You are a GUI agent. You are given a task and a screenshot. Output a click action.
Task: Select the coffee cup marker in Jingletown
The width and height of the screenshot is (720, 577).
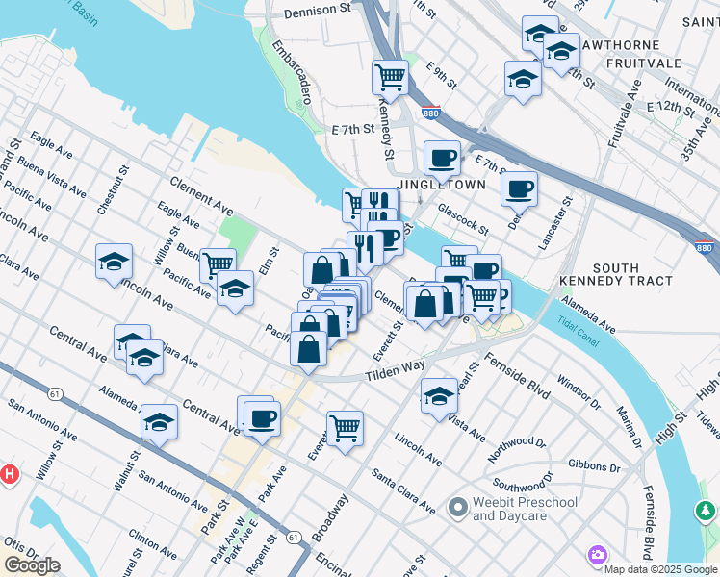point(442,157)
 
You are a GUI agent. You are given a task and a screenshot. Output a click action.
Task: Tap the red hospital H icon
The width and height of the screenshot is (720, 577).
point(10,474)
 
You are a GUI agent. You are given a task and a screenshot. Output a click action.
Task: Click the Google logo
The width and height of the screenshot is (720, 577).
point(32,565)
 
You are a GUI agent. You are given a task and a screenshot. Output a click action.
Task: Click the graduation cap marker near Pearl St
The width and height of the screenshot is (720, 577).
point(438,394)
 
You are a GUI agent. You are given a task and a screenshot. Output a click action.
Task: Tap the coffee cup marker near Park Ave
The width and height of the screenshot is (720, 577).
point(261,417)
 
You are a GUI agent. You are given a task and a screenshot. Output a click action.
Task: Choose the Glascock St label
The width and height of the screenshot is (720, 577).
point(463,217)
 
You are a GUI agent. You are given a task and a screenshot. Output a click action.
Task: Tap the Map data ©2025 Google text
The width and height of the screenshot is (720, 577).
point(661,568)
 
